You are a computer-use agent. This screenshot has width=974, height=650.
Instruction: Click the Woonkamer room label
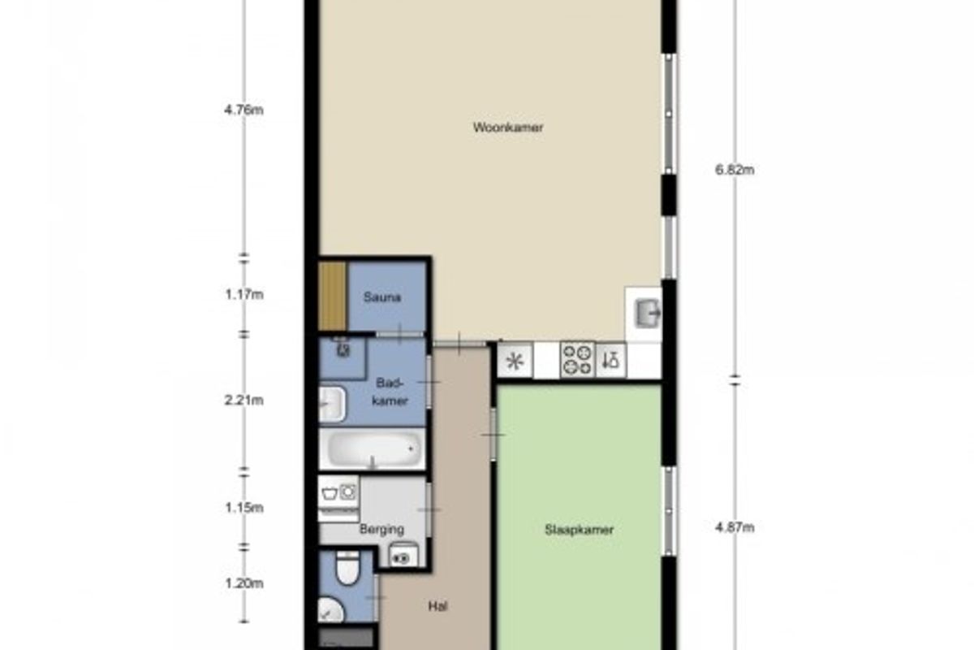(508, 127)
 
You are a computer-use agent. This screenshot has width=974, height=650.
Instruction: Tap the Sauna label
(381, 297)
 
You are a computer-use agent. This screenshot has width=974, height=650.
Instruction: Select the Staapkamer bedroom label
(579, 530)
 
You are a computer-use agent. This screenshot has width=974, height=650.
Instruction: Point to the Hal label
(437, 606)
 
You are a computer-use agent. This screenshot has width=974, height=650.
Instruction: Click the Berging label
(381, 530)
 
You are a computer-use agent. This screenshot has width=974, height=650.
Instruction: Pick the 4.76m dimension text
(243, 110)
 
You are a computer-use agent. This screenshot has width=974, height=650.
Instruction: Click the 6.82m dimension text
(735, 169)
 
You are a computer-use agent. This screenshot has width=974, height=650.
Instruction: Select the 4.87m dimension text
(735, 527)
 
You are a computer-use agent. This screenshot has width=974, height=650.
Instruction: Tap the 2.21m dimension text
(243, 400)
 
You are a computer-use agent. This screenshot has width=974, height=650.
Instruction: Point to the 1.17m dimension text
(244, 295)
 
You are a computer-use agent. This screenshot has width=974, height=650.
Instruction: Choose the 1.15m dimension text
(244, 508)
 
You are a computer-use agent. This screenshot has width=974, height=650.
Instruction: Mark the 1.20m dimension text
(244, 583)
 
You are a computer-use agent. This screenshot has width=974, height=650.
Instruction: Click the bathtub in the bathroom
(373, 448)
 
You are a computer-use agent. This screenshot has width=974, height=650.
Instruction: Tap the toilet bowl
(347, 568)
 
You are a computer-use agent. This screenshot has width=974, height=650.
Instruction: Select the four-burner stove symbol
(577, 361)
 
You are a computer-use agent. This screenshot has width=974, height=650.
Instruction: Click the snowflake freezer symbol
(515, 361)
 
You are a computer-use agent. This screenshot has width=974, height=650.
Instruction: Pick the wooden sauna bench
(333, 296)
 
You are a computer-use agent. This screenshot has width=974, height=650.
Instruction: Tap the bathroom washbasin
(333, 404)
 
